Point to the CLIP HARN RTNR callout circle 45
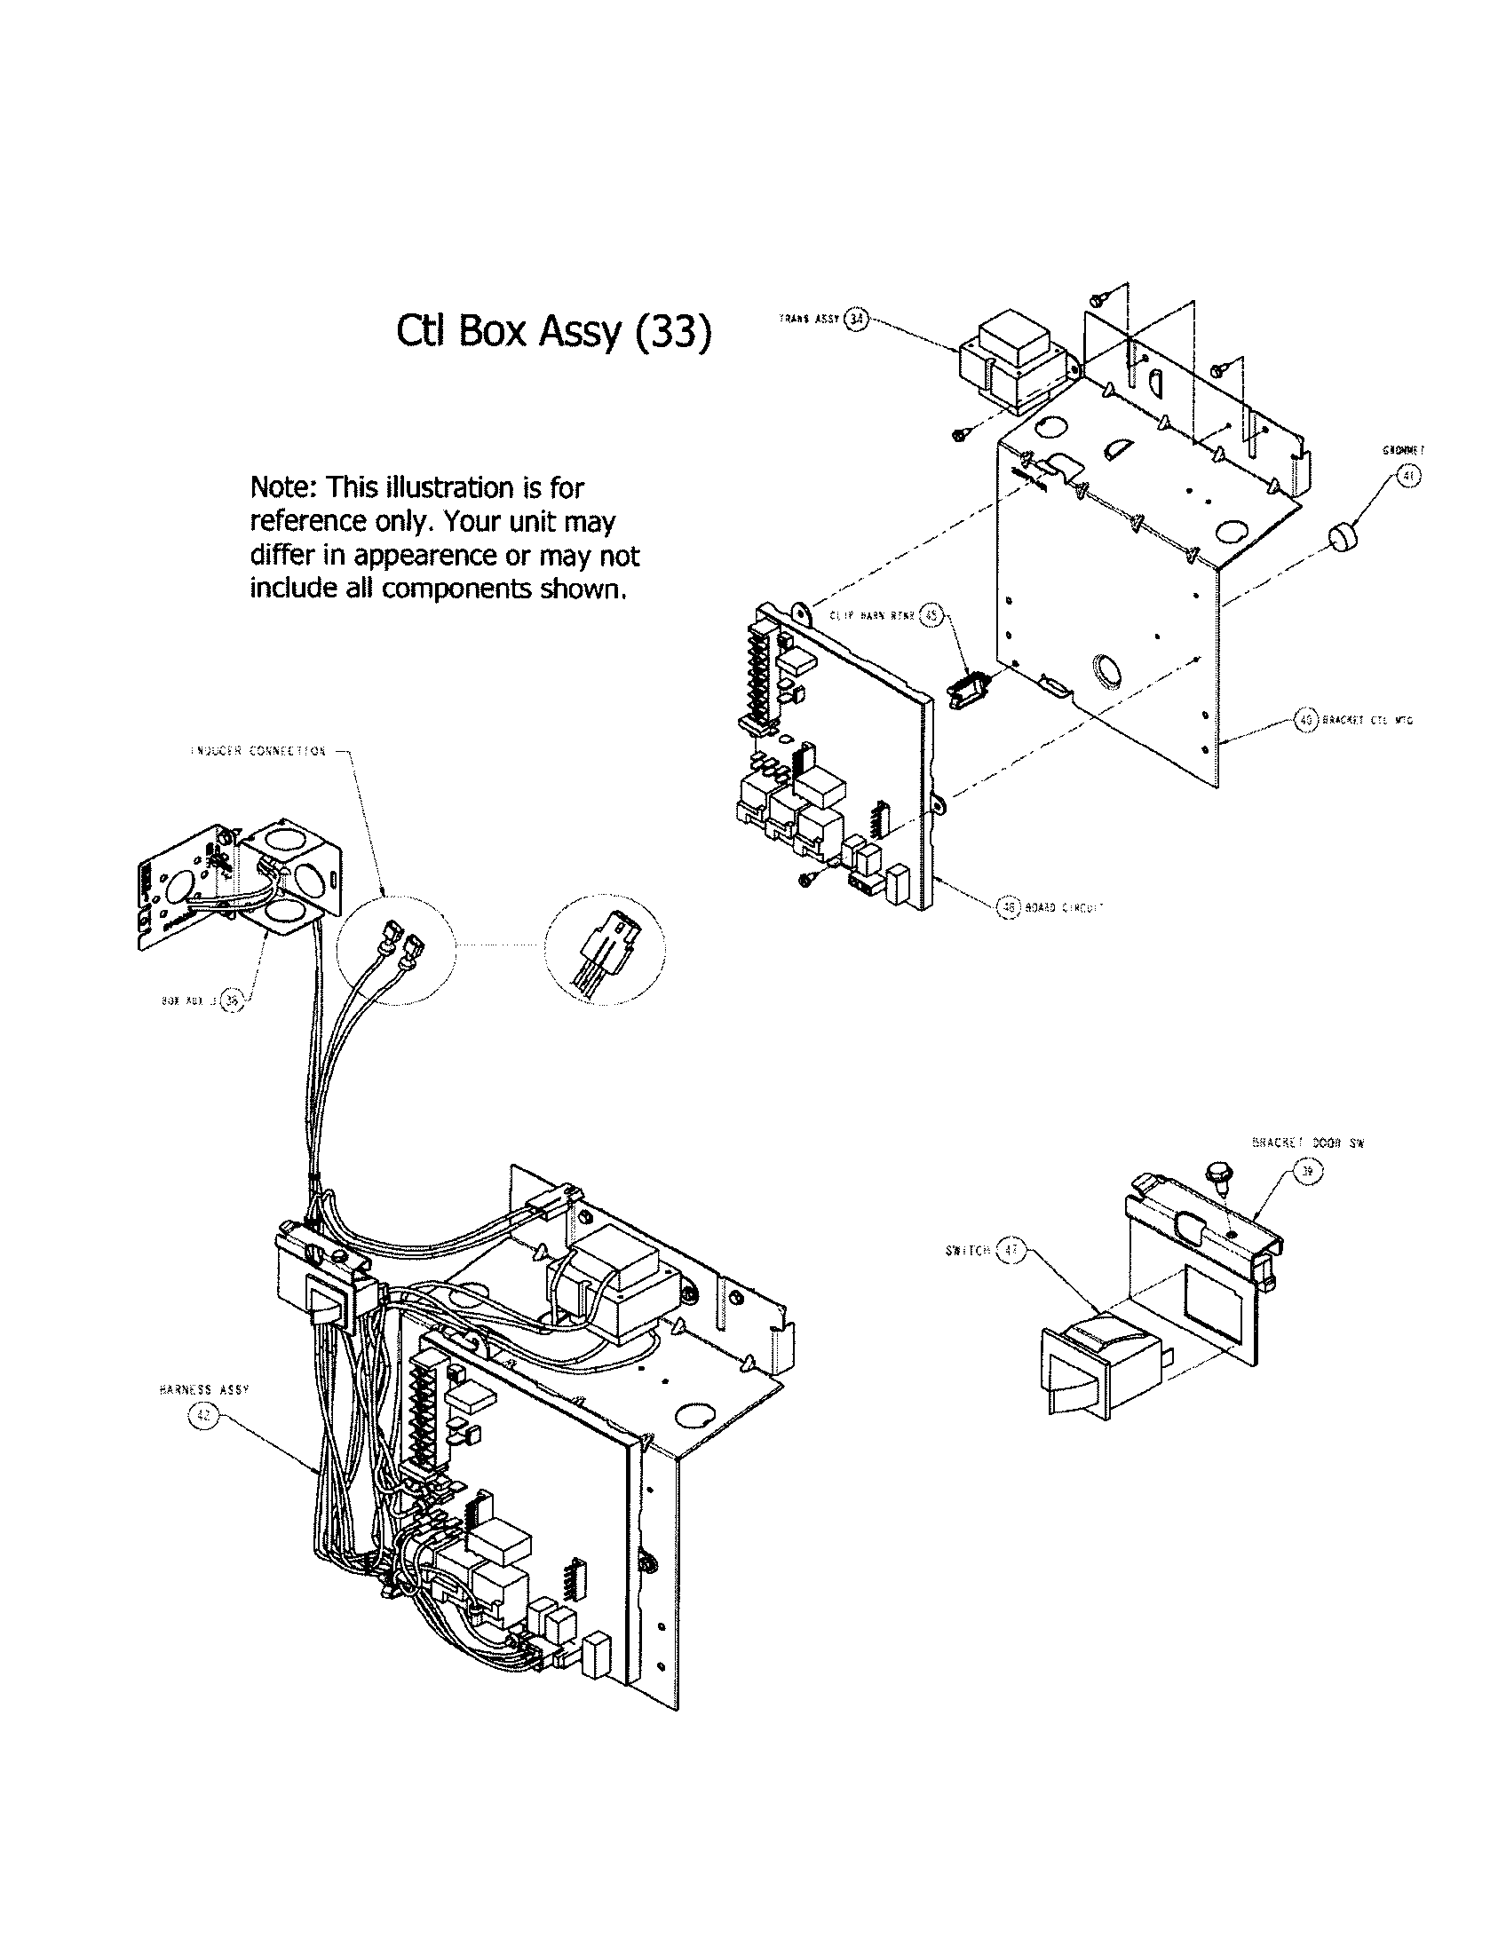point(931,614)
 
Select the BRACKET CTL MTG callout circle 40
point(1306,719)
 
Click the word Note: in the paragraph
point(283,487)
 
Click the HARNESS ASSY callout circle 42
point(202,1416)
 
